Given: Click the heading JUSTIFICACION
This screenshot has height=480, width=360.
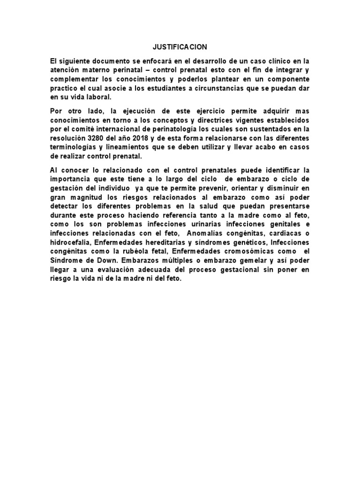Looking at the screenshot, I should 180,47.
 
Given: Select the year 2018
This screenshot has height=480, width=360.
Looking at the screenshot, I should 142,138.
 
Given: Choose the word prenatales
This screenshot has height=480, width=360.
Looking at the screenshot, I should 208,170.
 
